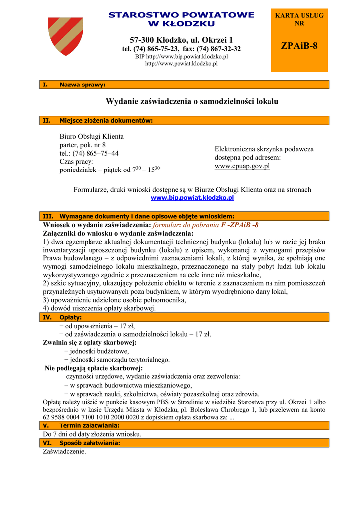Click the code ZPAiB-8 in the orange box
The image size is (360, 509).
pyautogui.click(x=299, y=46)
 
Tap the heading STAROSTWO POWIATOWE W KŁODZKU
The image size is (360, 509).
pyautogui.click(x=181, y=19)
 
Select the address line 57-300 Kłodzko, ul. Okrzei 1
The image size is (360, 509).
pyautogui.click(x=181, y=40)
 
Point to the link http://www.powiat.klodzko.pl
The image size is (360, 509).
pyautogui.click(x=181, y=64)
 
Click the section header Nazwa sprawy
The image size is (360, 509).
pyautogui.click(x=83, y=85)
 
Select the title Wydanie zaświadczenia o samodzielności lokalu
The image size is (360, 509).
pyautogui.click(x=192, y=102)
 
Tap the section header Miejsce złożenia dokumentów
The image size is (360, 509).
pyautogui.click(x=106, y=120)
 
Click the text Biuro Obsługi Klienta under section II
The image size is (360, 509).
pyautogui.click(x=91, y=136)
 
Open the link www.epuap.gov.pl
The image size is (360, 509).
pyautogui.click(x=242, y=166)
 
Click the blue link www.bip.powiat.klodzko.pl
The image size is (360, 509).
pyautogui.click(x=192, y=198)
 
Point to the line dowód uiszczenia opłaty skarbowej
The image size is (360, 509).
pyautogui.click(x=99, y=308)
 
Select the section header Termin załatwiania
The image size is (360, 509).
pyautogui.click(x=90, y=426)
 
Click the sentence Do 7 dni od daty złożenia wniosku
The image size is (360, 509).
pyautogui.click(x=92, y=434)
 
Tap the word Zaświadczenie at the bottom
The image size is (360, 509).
pyautogui.click(x=65, y=452)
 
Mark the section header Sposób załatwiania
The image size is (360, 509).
pyautogui.click(x=90, y=443)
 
